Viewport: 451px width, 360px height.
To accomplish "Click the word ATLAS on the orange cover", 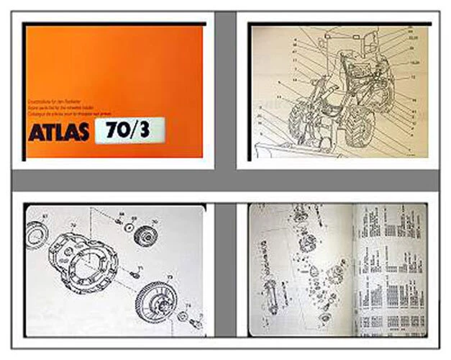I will coord(59,132).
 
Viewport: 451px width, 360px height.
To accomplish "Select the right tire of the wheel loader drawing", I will coord(359,127).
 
